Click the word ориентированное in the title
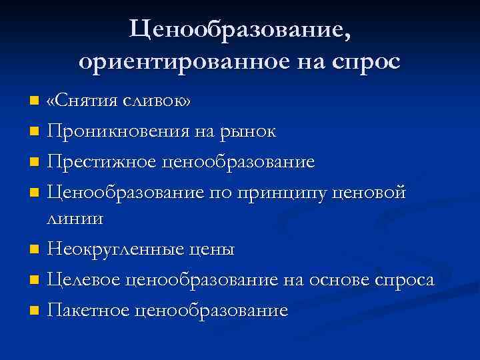click(174, 61)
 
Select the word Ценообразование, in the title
click(239, 28)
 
